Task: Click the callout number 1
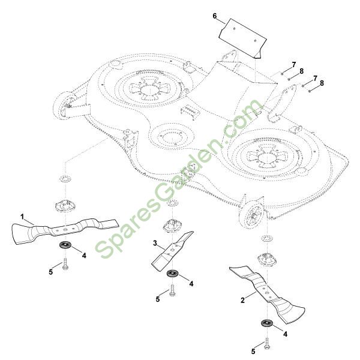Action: pos(22,215)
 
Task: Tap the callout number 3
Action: pos(155,244)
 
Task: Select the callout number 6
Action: pos(214,16)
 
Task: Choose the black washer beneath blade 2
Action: pos(266,324)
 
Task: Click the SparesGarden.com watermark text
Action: pos(174,186)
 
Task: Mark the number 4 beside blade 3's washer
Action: pos(191,283)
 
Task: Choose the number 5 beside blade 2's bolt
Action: pos(253,350)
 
